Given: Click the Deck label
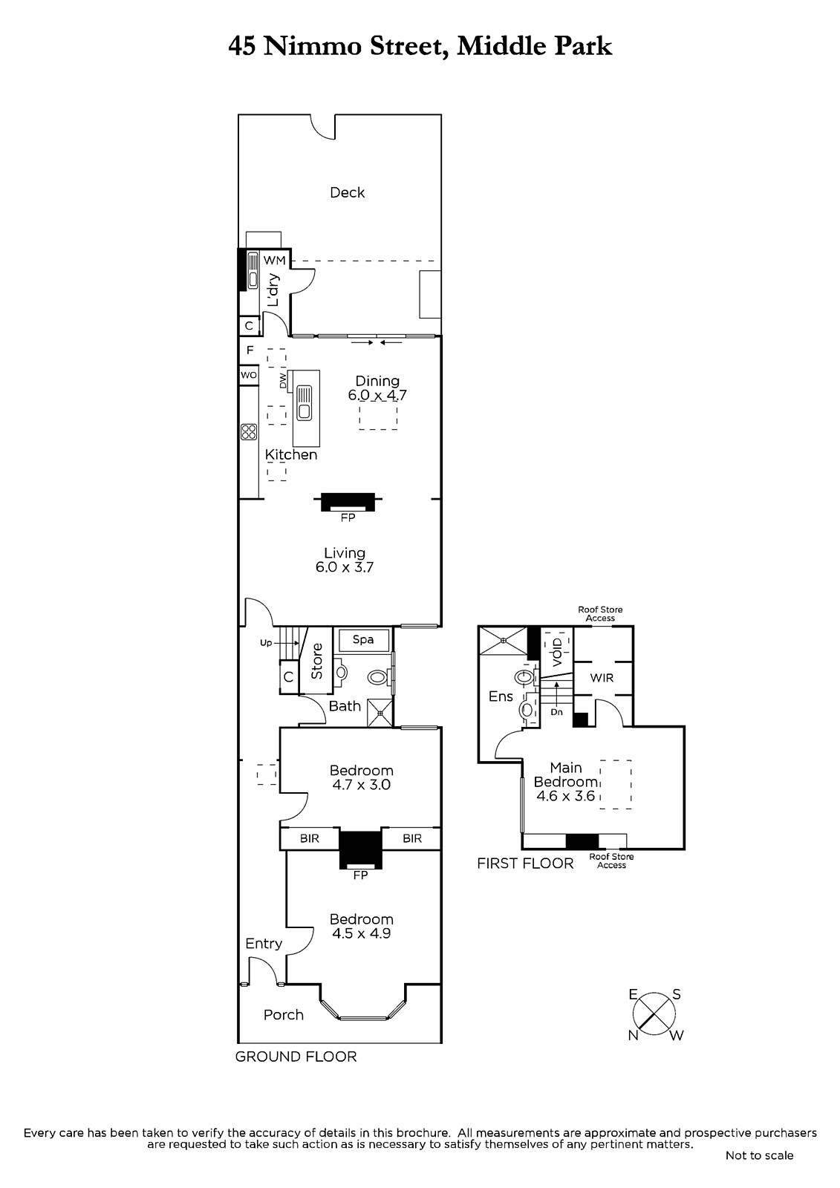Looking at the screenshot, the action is tap(347, 192).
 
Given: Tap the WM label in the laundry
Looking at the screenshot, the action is tap(274, 261).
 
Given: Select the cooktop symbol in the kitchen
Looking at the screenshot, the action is tap(248, 431).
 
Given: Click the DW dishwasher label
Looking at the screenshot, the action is tap(283, 379).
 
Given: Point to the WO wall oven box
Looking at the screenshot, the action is tap(249, 376).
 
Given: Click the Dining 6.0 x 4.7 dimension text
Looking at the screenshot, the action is tap(377, 394).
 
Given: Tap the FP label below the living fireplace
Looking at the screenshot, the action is tap(348, 518).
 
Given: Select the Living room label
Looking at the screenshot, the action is tap(345, 553).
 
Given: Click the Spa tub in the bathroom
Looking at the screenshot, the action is tap(363, 639).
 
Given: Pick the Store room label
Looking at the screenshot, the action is tap(317, 661).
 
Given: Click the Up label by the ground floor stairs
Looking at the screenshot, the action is tap(266, 643).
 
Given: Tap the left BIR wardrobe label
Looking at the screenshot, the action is tap(310, 838).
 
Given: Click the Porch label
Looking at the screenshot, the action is tap(284, 1015).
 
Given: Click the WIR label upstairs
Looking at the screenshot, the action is tap(602, 678).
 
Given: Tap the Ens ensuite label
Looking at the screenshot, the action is tap(501, 696).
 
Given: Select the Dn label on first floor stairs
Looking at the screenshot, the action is tap(556, 712).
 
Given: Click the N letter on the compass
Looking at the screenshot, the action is tap(633, 1035).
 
